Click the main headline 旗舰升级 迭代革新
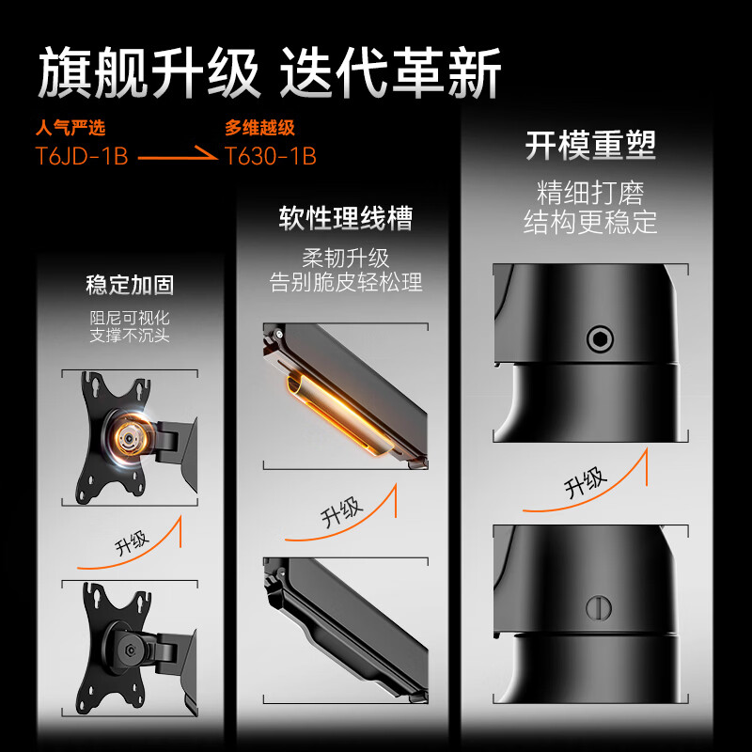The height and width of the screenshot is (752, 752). pos(270,73)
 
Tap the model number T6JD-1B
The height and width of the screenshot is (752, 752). pos(82,156)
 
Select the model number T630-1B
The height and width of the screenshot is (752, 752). pos(271,156)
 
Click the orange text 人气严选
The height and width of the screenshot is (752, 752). pos(70,128)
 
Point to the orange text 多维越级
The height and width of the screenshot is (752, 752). pos(259,128)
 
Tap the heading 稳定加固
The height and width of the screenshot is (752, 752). pos(130,285)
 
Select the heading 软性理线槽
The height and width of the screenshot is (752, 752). pos(345,219)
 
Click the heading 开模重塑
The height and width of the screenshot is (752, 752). pos(590,146)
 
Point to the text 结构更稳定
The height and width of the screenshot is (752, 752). pos(590,223)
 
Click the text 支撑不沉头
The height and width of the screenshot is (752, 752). pos(130,336)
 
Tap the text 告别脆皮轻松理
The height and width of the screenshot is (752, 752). pos(346,282)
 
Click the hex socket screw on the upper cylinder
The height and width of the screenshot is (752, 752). pos(600,338)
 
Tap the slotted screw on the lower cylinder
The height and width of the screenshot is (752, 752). pos(599,607)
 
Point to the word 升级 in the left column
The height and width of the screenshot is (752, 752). pos(132,542)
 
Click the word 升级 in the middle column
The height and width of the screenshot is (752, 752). pos(340,512)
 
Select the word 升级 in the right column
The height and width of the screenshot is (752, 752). pos(585,482)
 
